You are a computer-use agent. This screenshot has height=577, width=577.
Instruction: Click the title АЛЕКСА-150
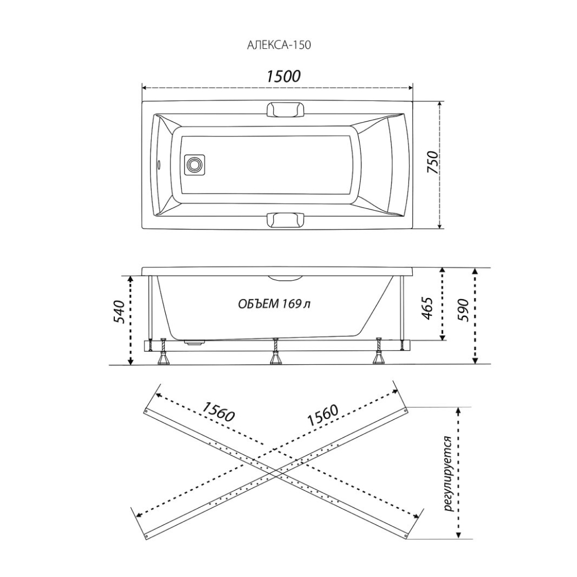coord(278,45)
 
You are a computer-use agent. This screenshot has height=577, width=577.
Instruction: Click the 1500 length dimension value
coord(283,76)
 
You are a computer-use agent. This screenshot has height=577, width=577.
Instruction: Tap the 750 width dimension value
coord(433,162)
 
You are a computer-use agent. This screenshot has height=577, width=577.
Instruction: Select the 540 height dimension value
coord(119,311)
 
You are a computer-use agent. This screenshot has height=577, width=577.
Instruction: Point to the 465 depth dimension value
coord(426,308)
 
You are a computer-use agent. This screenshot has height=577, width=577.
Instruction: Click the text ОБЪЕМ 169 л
coord(274,304)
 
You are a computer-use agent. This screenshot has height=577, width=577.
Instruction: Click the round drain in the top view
coord(194,164)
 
